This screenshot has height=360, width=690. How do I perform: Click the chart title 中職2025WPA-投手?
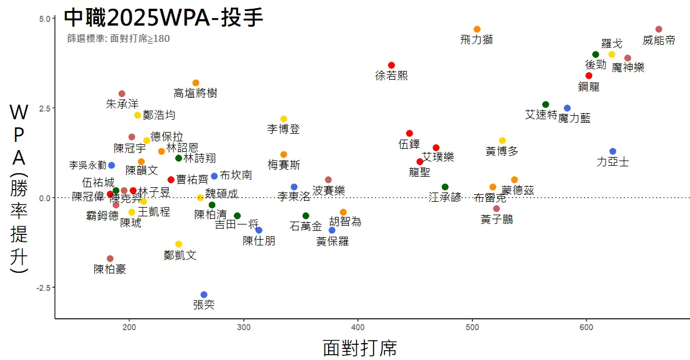pos(163,17)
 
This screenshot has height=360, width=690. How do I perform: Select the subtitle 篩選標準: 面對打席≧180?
pos(119,39)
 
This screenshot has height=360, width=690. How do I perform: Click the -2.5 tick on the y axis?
pos(44,288)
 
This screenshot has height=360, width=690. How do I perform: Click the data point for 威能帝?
pos(659,29)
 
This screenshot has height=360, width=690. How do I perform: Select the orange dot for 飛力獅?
pos(477,29)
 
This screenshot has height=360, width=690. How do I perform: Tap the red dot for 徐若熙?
pos(392,65)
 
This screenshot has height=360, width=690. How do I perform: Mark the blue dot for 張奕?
pos(204,295)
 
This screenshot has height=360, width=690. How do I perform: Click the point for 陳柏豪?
pos(110,259)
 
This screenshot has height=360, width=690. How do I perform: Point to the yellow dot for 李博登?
pos(283,119)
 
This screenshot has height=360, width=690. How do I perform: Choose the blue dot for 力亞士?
pos(613,152)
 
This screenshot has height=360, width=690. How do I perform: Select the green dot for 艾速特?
pos(546,105)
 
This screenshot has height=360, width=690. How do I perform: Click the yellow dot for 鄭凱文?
pos(179,244)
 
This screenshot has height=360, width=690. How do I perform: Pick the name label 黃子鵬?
pos(497,219)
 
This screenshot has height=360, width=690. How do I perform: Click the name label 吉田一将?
pos(237,225)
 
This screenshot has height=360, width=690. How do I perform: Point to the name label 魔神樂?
pos(628,67)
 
